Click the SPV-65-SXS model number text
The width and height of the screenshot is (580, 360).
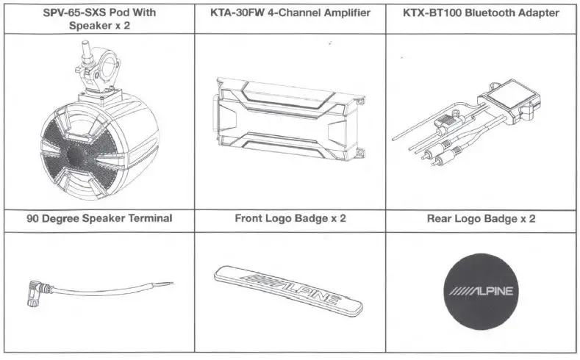pos(71,13)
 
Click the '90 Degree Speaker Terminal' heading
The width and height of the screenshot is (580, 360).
pos(99,218)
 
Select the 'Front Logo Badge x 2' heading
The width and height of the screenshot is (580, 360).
pos(290,218)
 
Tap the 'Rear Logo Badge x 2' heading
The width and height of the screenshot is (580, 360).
pos(481,218)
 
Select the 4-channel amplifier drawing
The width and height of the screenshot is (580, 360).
pos(288,119)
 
